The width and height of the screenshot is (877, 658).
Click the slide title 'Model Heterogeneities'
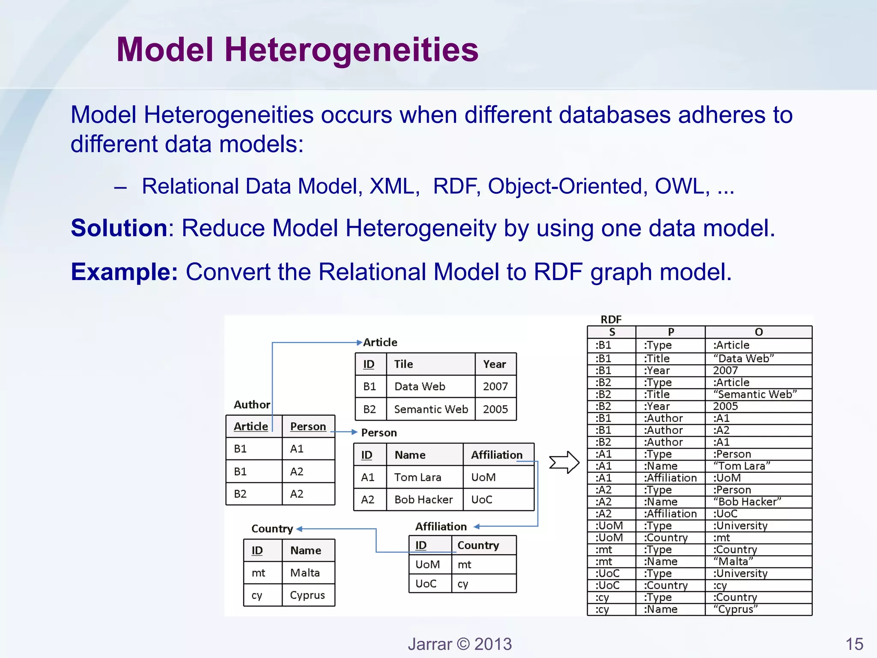297,50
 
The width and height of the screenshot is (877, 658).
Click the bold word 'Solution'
119,228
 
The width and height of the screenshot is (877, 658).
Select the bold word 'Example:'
124,272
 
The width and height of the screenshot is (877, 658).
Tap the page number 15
854,644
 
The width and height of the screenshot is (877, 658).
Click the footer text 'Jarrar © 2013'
459,644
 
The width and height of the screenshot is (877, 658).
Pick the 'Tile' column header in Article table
403,364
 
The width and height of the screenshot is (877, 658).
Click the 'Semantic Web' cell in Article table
431,409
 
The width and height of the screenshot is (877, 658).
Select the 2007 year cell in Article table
495,386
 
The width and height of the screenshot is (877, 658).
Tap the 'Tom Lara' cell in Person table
418,477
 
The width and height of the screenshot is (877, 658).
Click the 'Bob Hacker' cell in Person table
423,499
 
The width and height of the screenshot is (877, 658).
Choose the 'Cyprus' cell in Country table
307,595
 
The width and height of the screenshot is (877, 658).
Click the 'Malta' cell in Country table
305,573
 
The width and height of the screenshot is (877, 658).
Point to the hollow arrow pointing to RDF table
564,462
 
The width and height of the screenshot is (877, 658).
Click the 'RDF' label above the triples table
611,320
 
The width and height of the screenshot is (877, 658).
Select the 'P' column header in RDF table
671,332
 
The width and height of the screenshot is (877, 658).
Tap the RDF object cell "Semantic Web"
755,394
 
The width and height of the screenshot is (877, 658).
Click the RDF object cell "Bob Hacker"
747,502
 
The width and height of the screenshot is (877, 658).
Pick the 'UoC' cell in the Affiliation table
426,583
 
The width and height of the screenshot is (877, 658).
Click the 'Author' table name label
252,405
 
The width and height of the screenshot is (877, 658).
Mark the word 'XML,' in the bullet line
394,187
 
